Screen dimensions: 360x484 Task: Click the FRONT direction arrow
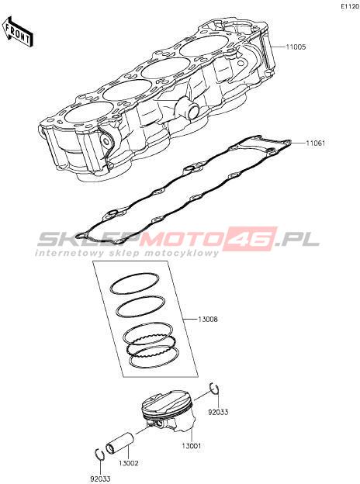click(x=17, y=32)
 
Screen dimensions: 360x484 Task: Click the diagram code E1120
click(x=350, y=6)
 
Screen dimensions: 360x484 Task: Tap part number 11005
click(x=296, y=47)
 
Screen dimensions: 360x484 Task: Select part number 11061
click(x=315, y=143)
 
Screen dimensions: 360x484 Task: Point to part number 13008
click(x=208, y=319)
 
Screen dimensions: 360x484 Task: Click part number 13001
click(x=191, y=446)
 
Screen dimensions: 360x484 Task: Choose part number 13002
click(x=129, y=463)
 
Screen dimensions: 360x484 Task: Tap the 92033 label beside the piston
click(x=218, y=412)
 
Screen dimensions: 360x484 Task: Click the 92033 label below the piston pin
click(x=100, y=479)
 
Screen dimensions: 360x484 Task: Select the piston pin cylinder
click(x=119, y=444)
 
